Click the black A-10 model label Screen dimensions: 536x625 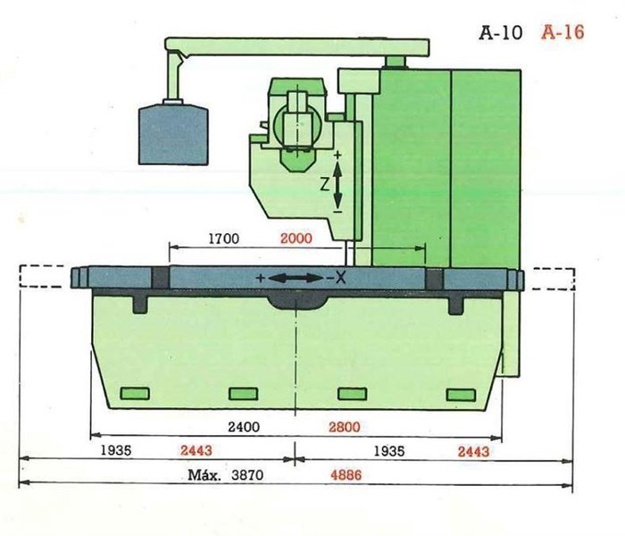(x=501, y=34)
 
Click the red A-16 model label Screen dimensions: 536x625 (x=562, y=34)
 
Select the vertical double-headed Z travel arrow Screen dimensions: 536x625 (x=337, y=184)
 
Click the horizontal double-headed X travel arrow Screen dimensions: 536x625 (x=296, y=279)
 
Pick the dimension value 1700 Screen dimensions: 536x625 (x=222, y=239)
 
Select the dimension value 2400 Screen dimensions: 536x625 (x=242, y=427)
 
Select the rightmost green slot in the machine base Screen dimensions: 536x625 (x=462, y=395)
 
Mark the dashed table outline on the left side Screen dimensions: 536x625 (x=42, y=276)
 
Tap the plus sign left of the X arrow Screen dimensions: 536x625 (x=260, y=279)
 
